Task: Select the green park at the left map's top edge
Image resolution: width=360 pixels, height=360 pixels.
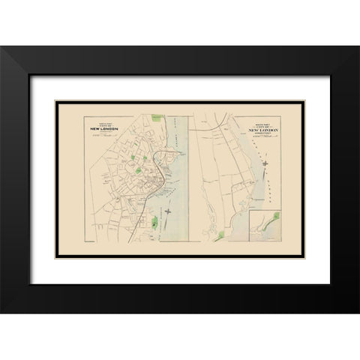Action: click(157, 116)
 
